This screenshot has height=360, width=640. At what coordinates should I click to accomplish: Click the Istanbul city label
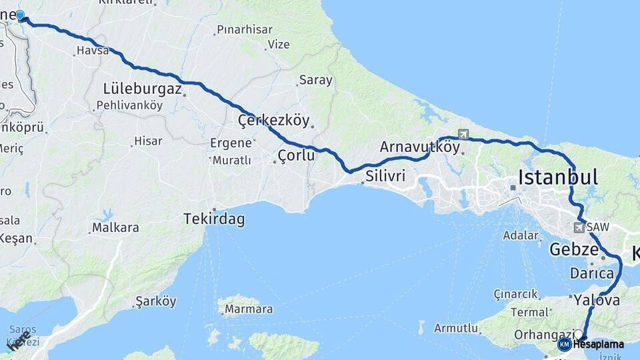tap(557, 177)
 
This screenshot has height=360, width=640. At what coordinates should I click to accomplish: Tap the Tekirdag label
tap(214, 219)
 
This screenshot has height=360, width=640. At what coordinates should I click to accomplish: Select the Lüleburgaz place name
tap(142, 88)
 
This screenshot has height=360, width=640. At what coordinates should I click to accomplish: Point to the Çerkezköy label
tap(273, 121)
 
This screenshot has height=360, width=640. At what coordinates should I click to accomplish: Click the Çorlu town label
tap(295, 157)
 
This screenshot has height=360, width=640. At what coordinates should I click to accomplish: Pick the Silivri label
tap(385, 177)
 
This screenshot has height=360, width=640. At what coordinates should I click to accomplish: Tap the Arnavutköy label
tap(420, 147)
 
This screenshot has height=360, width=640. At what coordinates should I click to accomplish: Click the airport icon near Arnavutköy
tap(463, 135)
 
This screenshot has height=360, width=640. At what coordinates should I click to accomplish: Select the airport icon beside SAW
tap(578, 227)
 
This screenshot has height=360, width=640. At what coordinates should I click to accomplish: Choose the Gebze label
tap(574, 249)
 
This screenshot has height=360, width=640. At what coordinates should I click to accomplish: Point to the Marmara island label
tap(248, 309)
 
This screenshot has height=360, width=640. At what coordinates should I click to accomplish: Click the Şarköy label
tap(155, 301)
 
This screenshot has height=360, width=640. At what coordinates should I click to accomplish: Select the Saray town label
tap(315, 80)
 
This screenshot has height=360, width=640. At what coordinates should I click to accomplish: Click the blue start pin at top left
tap(20, 15)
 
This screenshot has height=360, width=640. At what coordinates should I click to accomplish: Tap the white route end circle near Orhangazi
tap(579, 335)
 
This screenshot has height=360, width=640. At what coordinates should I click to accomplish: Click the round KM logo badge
tap(565, 344)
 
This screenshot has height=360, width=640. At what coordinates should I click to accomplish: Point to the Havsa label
tap(92, 51)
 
